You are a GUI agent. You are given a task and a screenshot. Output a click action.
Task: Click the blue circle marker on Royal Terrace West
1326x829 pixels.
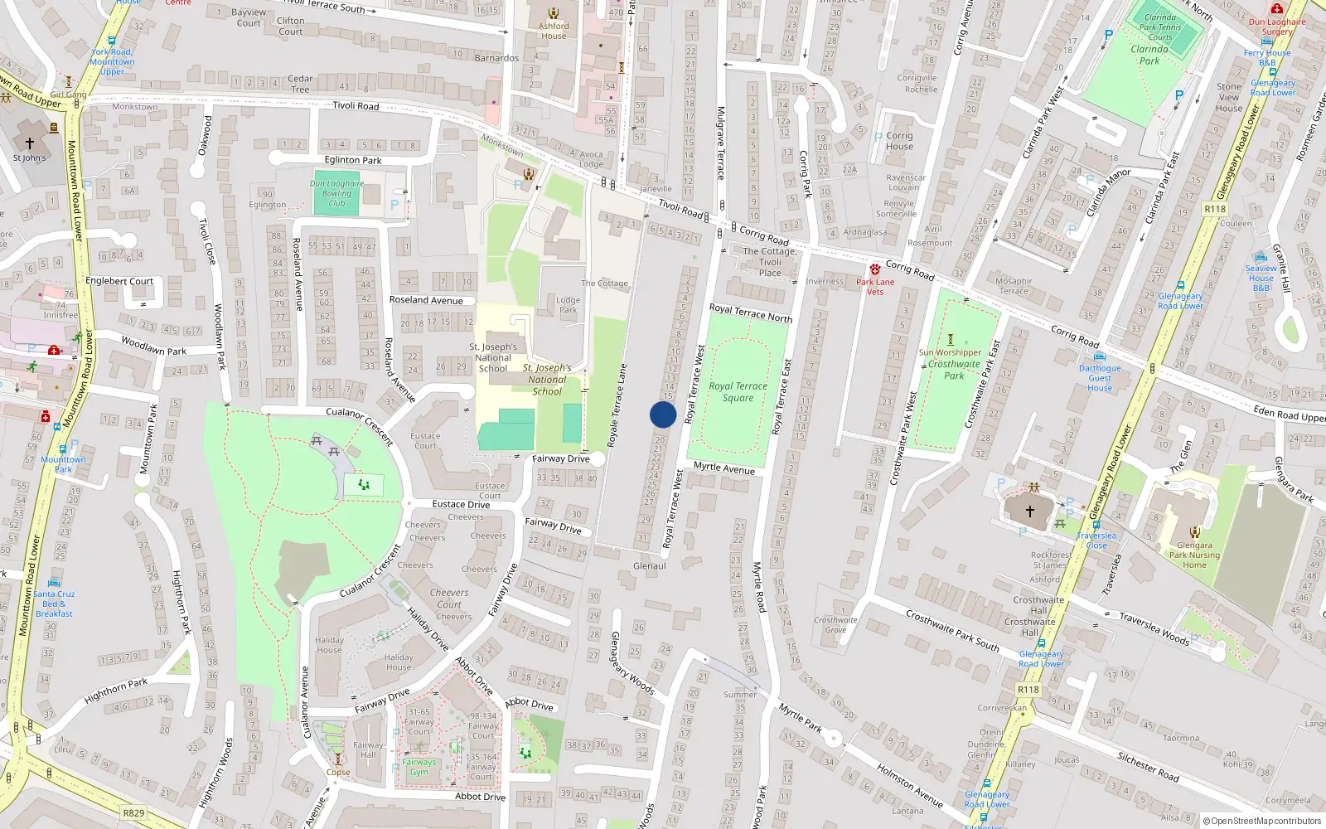(x=663, y=414)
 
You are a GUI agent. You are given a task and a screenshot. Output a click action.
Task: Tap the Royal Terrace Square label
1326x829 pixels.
(x=738, y=392)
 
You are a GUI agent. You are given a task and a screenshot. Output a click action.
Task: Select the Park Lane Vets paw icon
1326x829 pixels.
(x=875, y=269)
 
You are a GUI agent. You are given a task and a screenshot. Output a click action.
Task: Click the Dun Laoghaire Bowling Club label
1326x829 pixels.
(x=336, y=193)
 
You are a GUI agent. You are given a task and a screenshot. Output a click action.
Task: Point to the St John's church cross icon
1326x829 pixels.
(x=30, y=143)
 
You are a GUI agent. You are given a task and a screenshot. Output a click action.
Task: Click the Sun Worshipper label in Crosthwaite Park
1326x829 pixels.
(x=950, y=352)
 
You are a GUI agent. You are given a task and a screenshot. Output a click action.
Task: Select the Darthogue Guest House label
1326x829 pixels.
(x=1100, y=378)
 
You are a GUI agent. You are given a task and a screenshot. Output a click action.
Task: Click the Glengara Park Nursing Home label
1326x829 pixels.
(x=1194, y=555)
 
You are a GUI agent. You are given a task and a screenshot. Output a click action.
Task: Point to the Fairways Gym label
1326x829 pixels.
(x=419, y=767)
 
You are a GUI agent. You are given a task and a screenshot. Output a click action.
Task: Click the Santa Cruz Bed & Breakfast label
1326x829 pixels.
(x=54, y=604)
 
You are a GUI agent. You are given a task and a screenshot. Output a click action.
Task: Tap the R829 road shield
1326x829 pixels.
(x=133, y=813)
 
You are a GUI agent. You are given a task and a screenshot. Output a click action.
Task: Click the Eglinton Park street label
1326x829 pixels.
(x=353, y=160)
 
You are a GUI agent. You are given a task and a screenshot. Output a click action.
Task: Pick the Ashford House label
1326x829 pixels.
(x=554, y=31)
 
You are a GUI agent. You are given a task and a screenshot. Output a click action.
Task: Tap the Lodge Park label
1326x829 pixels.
(x=568, y=305)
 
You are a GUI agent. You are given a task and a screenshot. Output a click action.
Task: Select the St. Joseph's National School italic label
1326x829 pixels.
(x=547, y=380)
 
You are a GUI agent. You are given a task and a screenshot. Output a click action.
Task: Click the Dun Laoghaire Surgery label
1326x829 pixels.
(x=1277, y=27)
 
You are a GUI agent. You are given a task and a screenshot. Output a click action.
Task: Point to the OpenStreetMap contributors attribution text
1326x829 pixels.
(x=1261, y=821)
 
